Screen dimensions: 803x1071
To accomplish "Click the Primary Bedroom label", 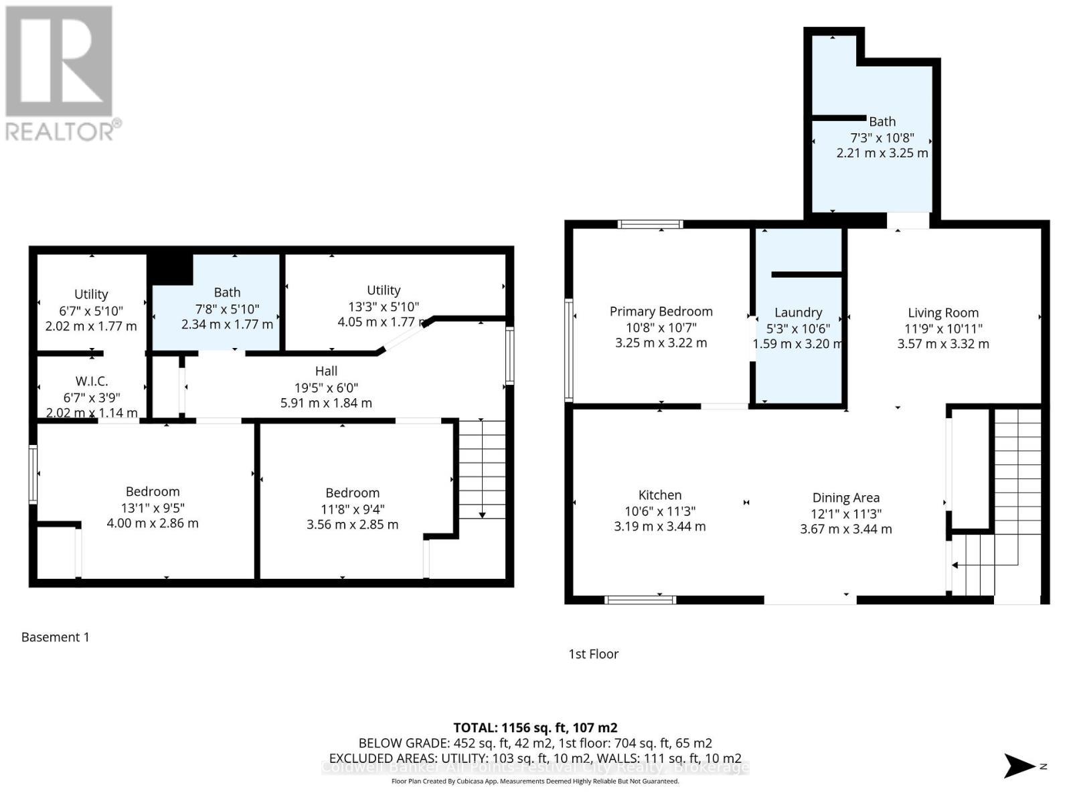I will coord(661,311).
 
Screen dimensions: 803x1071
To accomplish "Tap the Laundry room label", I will coord(798,313).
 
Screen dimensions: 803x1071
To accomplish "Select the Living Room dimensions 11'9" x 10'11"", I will coord(943,329).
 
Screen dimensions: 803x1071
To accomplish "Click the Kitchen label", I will coord(660,495).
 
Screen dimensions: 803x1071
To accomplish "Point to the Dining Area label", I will coord(845,498).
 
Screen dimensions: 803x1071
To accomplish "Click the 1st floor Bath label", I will coord(882,122).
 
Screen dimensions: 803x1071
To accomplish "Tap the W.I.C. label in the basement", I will coord(92,381).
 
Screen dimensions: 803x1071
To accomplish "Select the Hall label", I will coord(326,371).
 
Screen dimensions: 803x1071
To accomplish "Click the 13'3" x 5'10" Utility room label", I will coord(384,290).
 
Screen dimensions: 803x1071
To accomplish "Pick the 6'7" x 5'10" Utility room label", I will coord(91,294).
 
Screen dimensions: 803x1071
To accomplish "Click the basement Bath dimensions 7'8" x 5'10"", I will coord(227,308).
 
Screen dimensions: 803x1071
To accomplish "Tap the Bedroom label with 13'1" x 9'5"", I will coord(153,492).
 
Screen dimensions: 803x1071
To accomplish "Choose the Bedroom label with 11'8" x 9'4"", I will coord(352,493).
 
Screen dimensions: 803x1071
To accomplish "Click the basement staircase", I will coord(482,468).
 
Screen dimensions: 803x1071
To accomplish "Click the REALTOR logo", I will coord(60,74).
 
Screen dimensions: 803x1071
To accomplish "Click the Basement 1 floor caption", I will coord(55,637).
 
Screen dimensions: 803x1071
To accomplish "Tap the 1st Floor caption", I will coord(593,654).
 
